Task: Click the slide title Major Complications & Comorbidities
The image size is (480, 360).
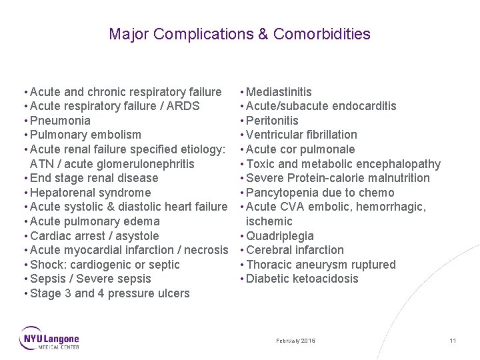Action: coord(239,34)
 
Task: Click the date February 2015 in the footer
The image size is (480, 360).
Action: coord(296,341)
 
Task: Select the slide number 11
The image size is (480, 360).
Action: coord(453,341)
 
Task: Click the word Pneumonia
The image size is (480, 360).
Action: coord(61,121)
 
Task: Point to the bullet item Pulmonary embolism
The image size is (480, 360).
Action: coord(85,135)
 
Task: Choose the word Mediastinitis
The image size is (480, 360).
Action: coord(279,92)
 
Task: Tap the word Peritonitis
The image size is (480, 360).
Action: coord(272,121)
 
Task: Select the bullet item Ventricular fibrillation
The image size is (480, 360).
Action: coord(301,135)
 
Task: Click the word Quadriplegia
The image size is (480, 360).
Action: coord(280,236)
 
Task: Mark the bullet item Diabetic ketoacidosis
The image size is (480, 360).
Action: coord(302,279)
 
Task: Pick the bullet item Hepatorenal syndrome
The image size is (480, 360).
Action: coord(91,193)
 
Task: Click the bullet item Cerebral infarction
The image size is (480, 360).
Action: coord(295,250)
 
